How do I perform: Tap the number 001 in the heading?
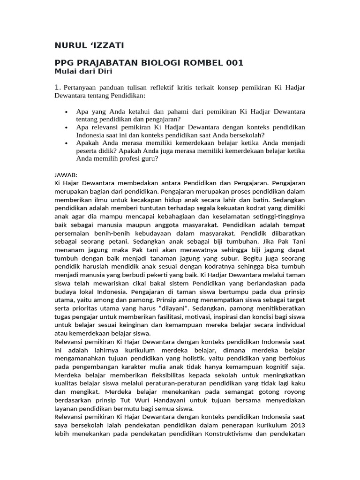(232, 63)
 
